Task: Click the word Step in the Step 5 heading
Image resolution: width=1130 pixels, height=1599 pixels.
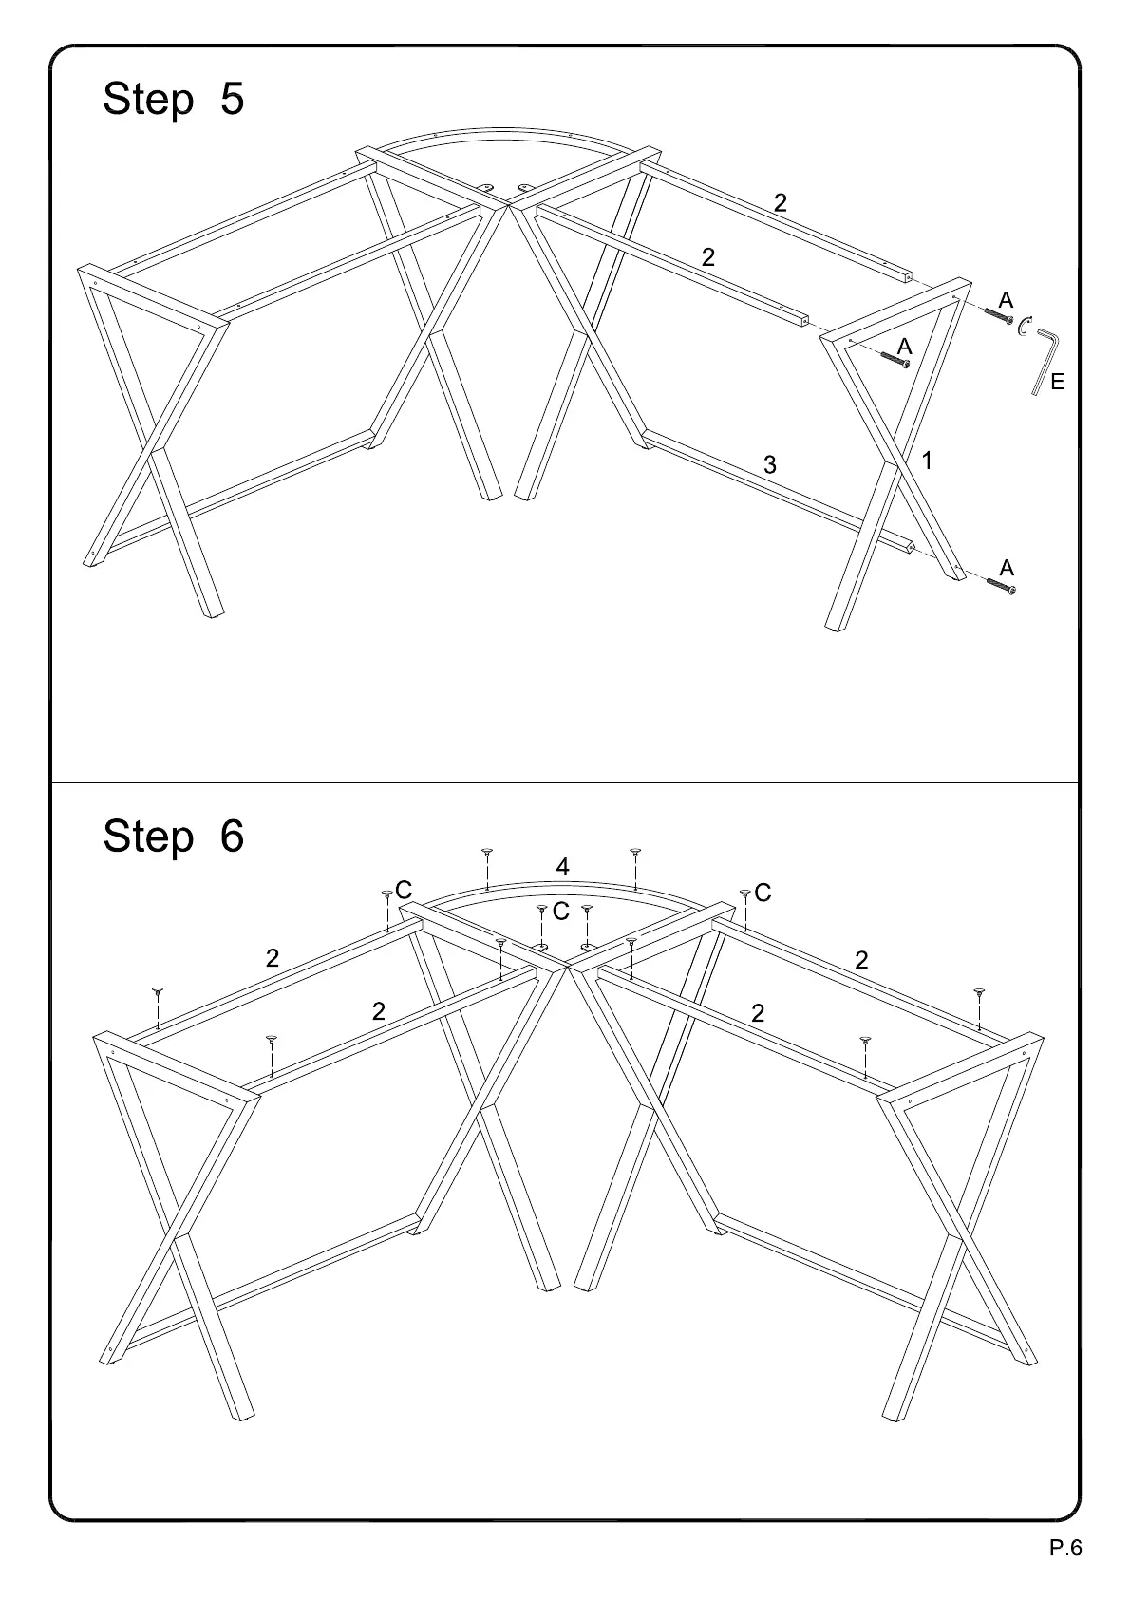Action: point(148,100)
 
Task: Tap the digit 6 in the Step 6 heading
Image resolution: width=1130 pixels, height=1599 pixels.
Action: point(232,836)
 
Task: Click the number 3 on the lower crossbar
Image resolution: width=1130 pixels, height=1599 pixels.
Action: point(770,465)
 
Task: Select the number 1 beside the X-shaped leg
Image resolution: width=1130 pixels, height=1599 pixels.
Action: point(928,461)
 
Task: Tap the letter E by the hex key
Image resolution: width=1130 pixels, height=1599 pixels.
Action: point(1058,383)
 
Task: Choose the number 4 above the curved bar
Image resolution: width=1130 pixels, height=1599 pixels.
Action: point(563,867)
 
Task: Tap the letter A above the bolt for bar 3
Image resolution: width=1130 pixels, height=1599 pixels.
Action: point(1007,568)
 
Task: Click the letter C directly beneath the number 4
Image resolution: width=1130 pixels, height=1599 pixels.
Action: point(561,912)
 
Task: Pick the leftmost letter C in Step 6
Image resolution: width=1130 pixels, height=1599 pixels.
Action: point(404,891)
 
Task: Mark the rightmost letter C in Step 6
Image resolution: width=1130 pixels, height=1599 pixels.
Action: point(763,893)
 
